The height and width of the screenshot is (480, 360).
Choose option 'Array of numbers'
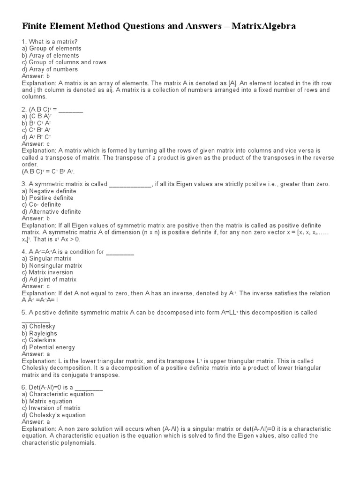(x=50, y=69)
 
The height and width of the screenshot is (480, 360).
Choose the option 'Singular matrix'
(x=46, y=258)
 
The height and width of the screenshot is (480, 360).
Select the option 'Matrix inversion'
(x=47, y=272)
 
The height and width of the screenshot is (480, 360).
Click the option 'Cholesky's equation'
(x=53, y=415)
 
